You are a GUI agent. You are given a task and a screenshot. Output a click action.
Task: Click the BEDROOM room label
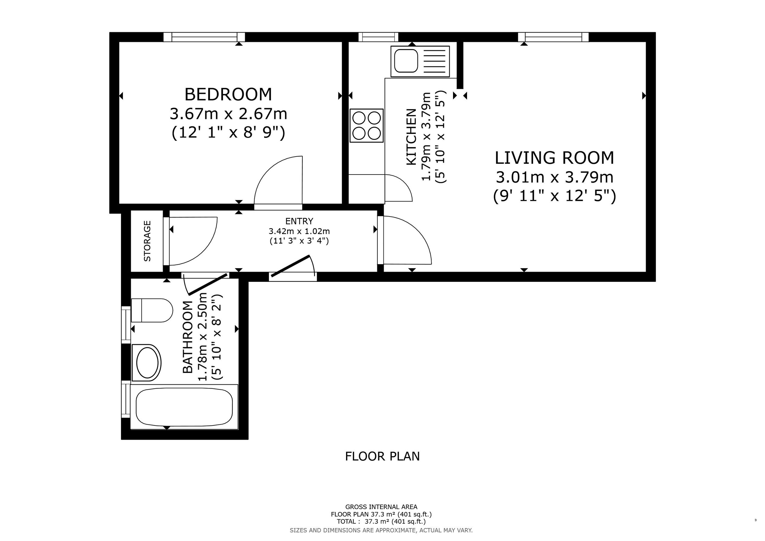tap(228, 94)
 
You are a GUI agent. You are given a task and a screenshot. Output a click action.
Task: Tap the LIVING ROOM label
tap(554, 158)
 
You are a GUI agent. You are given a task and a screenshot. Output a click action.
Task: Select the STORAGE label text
tap(147, 241)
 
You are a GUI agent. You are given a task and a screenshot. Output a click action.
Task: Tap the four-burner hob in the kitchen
tap(366, 126)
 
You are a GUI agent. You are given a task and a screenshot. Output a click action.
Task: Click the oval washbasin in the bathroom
tap(147, 363)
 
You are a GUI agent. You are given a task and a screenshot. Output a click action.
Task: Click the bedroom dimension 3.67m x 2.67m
tap(229, 114)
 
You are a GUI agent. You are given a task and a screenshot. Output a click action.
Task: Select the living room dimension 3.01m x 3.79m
tap(554, 177)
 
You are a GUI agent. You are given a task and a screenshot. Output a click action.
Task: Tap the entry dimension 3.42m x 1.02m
tap(299, 231)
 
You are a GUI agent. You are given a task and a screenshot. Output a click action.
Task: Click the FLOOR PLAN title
tap(382, 456)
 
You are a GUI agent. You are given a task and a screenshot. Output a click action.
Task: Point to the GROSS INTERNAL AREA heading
tap(381, 507)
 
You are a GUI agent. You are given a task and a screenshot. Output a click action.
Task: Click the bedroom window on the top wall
tap(204, 37)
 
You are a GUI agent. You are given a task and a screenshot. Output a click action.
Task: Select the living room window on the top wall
tap(553, 37)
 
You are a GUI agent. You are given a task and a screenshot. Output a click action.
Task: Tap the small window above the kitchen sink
tap(379, 37)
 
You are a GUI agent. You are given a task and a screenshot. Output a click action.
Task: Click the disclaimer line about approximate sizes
tap(381, 530)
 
